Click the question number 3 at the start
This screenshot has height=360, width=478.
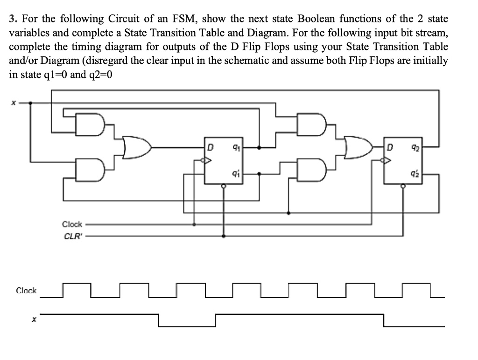12,19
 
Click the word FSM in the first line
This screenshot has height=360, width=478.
189,19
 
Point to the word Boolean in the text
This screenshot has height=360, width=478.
316,19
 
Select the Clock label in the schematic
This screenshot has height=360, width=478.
72,224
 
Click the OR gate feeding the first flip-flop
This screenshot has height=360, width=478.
137,147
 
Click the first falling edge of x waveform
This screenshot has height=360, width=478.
159,320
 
